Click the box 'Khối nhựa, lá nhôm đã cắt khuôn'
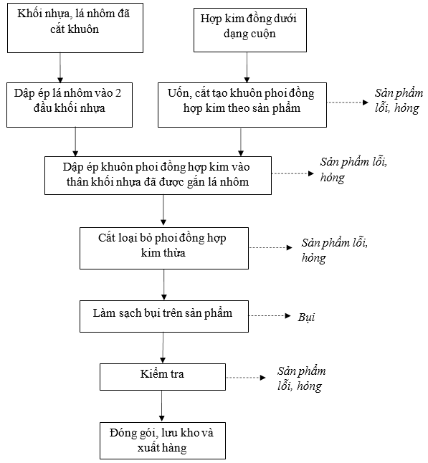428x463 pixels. click(x=75, y=28)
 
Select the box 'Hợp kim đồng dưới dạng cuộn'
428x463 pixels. click(x=250, y=30)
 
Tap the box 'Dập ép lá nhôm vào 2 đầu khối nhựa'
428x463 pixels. click(x=70, y=105)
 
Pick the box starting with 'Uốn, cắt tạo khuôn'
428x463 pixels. click(x=242, y=105)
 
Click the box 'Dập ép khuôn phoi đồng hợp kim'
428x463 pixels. click(x=158, y=176)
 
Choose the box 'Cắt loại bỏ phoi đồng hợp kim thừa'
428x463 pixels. click(x=164, y=248)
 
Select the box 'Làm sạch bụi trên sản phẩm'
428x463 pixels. click(x=164, y=317)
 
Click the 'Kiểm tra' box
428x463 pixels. click(x=163, y=377)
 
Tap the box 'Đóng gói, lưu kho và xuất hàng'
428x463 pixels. click(x=163, y=441)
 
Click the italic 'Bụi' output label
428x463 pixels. click(x=306, y=317)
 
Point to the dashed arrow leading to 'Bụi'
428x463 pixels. click(x=270, y=316)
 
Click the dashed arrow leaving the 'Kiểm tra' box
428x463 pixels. click(x=246, y=378)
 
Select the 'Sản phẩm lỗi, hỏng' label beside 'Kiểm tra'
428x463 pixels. click(x=301, y=378)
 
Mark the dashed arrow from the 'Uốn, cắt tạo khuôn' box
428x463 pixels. click(x=348, y=102)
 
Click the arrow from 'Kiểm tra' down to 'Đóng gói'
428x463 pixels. click(x=161, y=406)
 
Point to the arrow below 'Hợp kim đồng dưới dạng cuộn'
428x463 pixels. click(x=247, y=67)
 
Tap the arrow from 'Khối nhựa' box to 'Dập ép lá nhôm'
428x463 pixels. click(x=60, y=67)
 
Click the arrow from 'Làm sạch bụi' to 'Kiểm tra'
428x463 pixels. click(x=163, y=348)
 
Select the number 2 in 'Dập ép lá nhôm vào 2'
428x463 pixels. click(x=118, y=93)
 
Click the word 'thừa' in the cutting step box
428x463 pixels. click(x=176, y=253)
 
